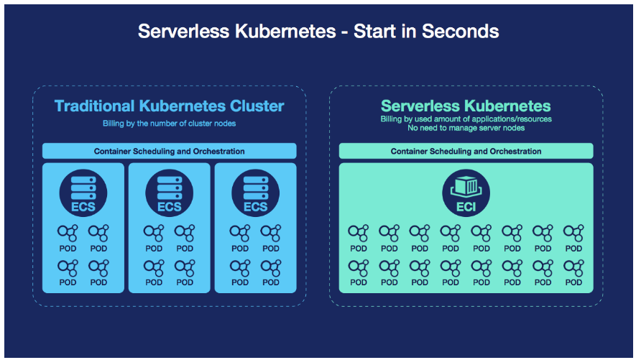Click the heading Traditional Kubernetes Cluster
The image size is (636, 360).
(x=170, y=106)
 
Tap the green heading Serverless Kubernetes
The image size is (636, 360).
(x=466, y=106)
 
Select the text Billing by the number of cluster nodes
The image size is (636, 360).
(x=170, y=124)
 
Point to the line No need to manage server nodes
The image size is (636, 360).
(x=466, y=128)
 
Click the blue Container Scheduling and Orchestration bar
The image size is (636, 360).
(x=170, y=152)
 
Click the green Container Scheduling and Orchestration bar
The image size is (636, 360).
(x=466, y=152)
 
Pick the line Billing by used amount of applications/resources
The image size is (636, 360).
(x=466, y=119)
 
